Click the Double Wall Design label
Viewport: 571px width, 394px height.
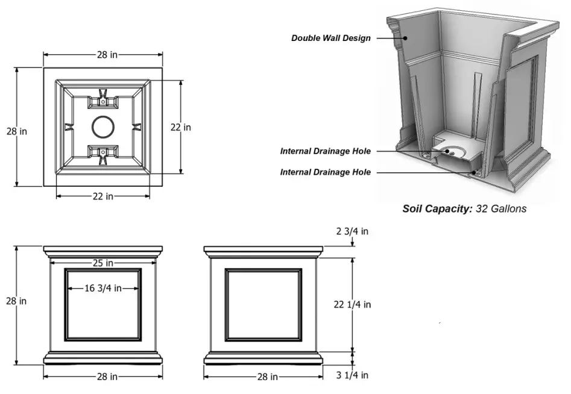click(330, 38)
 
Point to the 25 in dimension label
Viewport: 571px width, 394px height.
click(103, 263)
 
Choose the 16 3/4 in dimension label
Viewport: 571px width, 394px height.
click(103, 289)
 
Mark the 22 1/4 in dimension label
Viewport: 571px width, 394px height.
click(352, 305)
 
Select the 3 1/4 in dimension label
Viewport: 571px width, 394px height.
click(352, 375)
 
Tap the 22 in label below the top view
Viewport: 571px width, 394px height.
click(103, 196)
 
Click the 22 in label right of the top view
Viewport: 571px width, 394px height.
click(180, 127)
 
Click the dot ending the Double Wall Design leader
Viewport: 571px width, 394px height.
click(406, 38)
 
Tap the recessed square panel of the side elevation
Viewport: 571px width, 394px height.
click(263, 304)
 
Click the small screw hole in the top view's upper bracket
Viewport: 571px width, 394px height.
click(103, 102)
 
